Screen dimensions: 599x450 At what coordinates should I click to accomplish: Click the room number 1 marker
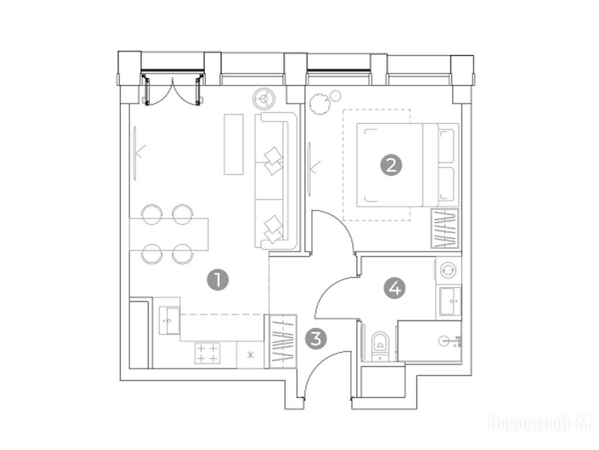click(218, 279)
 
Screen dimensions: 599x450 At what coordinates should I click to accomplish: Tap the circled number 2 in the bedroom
click(391, 166)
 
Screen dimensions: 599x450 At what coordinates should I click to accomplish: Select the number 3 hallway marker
click(316, 339)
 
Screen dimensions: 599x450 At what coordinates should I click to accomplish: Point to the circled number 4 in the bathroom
click(395, 288)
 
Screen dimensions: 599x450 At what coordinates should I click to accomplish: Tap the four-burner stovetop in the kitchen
click(208, 353)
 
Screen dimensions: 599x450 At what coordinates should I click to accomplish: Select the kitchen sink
click(169, 321)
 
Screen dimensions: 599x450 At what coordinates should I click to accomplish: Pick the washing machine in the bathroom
click(448, 270)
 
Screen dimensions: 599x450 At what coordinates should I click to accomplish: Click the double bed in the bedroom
click(407, 165)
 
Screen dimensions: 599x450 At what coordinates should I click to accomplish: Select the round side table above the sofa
click(264, 99)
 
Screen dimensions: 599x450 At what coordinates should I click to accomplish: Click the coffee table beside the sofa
click(234, 144)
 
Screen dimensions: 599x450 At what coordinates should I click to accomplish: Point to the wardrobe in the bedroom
click(445, 229)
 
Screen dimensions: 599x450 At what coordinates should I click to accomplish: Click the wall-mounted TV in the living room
click(135, 152)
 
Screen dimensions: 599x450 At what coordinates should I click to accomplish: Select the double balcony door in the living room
click(173, 89)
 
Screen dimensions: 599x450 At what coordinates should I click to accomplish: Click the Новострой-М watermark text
click(539, 424)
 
